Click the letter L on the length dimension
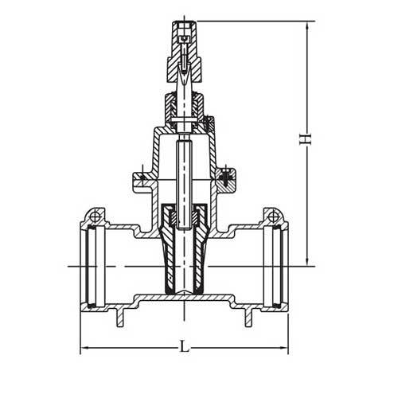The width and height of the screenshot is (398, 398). point(185,348)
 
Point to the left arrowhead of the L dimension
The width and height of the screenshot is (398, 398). point(84,348)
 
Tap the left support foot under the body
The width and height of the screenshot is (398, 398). point(122,319)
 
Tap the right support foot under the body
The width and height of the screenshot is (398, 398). point(246,319)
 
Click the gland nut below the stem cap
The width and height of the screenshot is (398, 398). point(184,103)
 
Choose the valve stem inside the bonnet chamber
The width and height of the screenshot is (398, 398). point(184,167)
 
